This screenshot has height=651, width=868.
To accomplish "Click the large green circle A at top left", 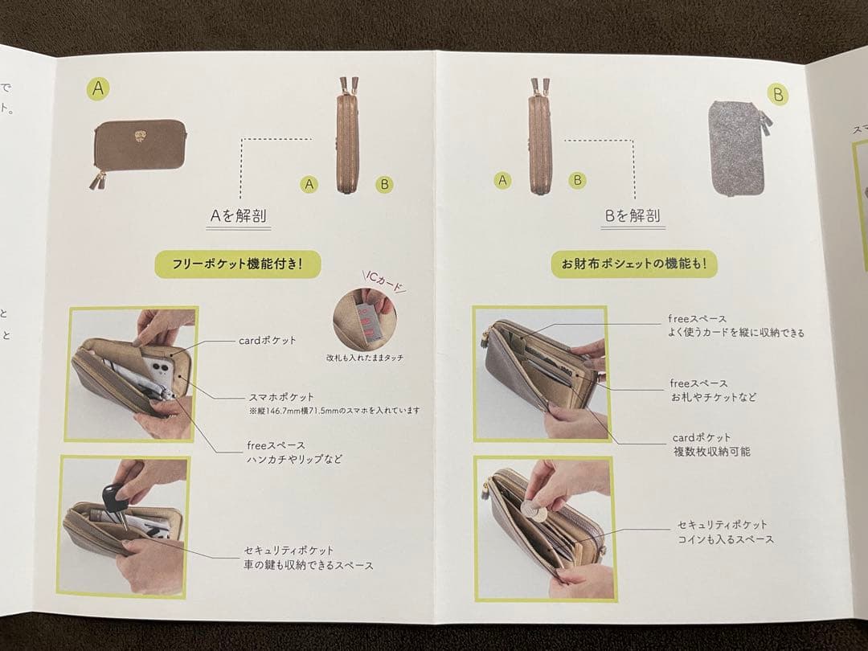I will tap(98, 88).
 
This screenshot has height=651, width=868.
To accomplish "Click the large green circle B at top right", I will tap(777, 94).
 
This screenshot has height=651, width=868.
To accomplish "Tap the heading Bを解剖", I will tap(633, 215).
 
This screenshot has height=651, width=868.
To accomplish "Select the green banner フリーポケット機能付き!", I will tap(237, 264).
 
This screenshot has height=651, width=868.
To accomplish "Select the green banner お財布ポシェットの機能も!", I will tap(634, 264).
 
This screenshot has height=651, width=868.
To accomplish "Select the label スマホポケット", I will tap(280, 397).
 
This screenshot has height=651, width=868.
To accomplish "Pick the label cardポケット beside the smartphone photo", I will tap(268, 340).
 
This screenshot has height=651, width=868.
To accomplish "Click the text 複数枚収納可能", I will tap(711, 452).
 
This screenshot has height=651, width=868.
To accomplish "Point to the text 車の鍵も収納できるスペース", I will tap(309, 565).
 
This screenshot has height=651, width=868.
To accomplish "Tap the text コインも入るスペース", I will tap(726, 539).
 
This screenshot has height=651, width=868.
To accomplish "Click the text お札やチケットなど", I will tap(713, 397).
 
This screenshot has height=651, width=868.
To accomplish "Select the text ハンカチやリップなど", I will tap(294, 459).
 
